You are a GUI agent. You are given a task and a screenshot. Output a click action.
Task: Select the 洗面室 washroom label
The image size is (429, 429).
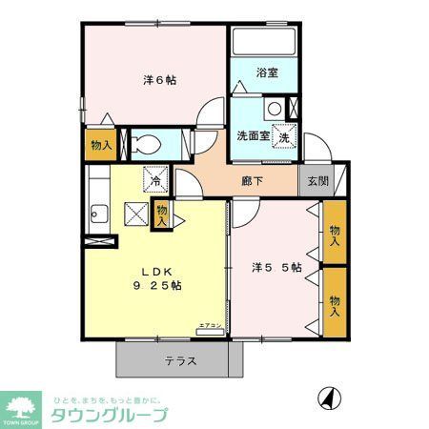[x=254, y=134]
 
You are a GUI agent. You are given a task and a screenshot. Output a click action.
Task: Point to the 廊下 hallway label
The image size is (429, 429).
[x=252, y=178]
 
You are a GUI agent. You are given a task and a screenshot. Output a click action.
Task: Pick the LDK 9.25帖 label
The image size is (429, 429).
[x=157, y=276]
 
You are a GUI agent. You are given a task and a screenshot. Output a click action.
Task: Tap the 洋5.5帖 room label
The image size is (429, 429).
[x=277, y=268]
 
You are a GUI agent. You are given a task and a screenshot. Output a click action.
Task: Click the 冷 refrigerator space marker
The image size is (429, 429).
[x=154, y=177]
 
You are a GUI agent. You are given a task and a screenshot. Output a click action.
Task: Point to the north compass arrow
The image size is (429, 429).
[x=330, y=397]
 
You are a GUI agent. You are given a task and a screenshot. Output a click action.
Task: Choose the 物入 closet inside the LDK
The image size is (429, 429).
[x=161, y=214]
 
